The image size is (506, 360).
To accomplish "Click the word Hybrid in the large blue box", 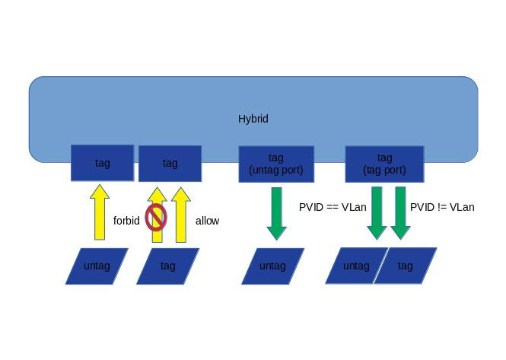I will [x=253, y=119].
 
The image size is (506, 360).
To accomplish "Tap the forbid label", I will [x=126, y=221].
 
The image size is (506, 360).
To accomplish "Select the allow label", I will [x=207, y=221].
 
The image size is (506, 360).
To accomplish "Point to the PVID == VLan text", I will [x=333, y=207].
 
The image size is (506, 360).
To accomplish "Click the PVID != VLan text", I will [x=442, y=207].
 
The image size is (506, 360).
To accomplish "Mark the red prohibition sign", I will [x=156, y=217].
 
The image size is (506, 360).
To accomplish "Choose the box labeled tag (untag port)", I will [x=276, y=164].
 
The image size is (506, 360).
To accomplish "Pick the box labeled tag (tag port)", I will [x=384, y=164].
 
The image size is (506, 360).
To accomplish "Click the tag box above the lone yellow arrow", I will [x=102, y=163].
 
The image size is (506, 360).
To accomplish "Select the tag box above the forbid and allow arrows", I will [x=170, y=163].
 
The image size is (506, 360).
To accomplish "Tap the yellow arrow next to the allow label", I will [x=180, y=215].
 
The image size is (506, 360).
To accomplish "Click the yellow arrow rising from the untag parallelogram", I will [x=99, y=213].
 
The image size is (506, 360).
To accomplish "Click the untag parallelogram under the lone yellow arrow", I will [x=97, y=266].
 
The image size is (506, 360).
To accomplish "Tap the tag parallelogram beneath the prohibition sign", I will [x=167, y=266].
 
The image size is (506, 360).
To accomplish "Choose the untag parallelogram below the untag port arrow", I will [x=272, y=266].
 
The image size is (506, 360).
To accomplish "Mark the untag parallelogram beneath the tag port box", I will [x=355, y=266].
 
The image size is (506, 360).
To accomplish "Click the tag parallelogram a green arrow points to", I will [x=406, y=266].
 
